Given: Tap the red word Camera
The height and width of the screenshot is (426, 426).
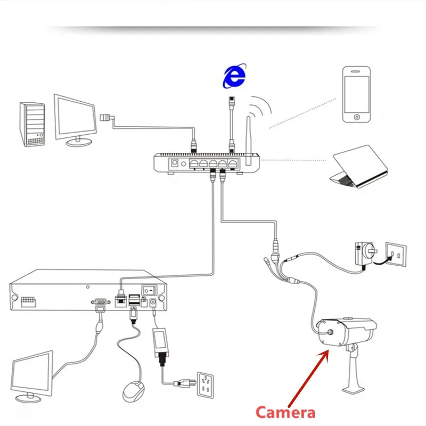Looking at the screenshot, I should coord(285,412).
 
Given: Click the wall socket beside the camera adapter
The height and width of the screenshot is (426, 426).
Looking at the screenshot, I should coord(396,255).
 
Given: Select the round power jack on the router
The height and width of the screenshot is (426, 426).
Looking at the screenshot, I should coord(173,163).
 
